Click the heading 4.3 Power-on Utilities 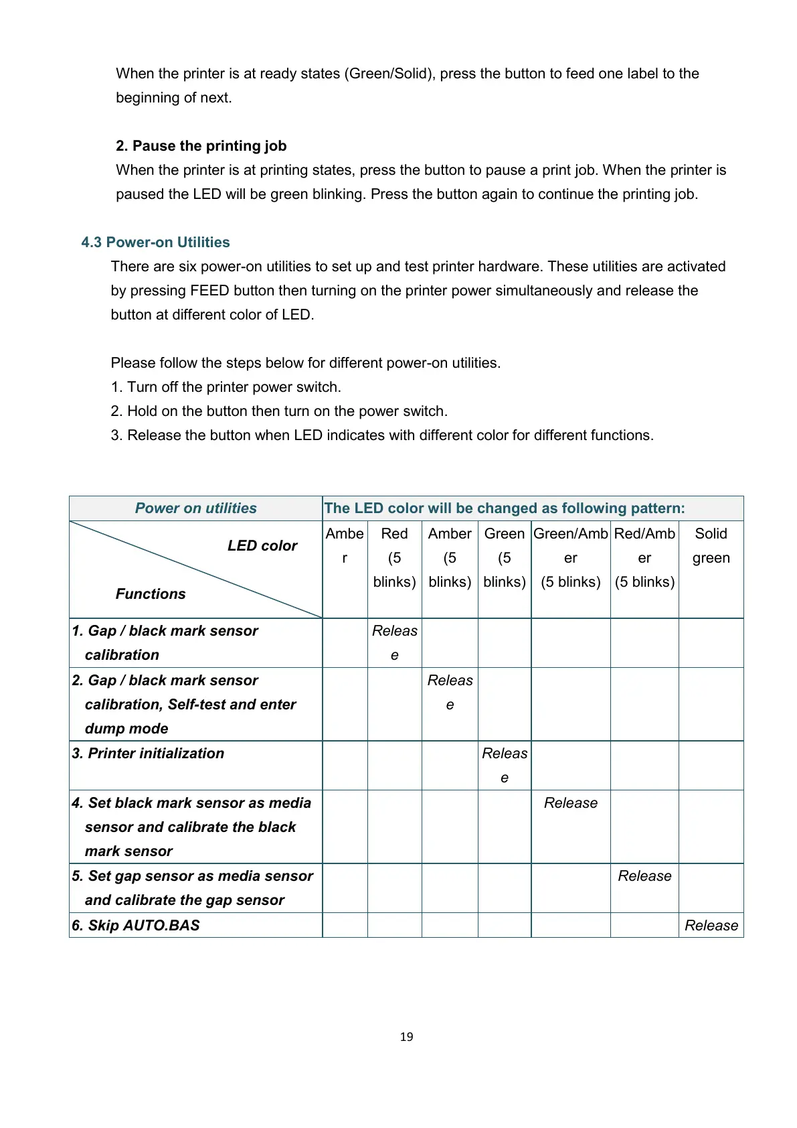tap(155, 242)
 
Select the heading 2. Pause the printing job tap(201, 146)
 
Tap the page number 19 tap(406, 1037)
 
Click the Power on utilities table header tap(195, 508)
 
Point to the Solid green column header tap(711, 546)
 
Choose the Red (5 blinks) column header tap(394, 557)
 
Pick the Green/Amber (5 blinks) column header tap(570, 557)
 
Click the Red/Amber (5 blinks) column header tap(644, 557)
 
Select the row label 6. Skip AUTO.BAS tap(136, 926)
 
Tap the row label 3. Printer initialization tap(148, 754)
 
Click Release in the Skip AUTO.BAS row tap(711, 926)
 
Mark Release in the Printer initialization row tap(505, 765)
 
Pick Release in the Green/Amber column tap(570, 803)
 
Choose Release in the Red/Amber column tap(644, 876)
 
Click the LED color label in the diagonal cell tap(262, 546)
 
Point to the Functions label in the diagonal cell tap(151, 594)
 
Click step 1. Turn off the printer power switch tap(226, 387)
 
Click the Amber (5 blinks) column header tap(450, 557)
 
